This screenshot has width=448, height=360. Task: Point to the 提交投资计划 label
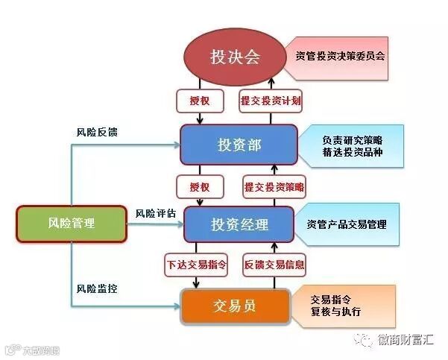click(271, 101)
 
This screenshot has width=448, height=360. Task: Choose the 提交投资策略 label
click(274, 184)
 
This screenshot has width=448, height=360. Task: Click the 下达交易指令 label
click(195, 264)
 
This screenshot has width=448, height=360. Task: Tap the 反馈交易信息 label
click(274, 264)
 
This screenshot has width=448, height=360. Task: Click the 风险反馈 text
click(97, 132)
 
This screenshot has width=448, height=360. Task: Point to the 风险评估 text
click(156, 213)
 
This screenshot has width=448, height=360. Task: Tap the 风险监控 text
click(97, 288)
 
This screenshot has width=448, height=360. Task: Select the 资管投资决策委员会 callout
click(339, 55)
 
